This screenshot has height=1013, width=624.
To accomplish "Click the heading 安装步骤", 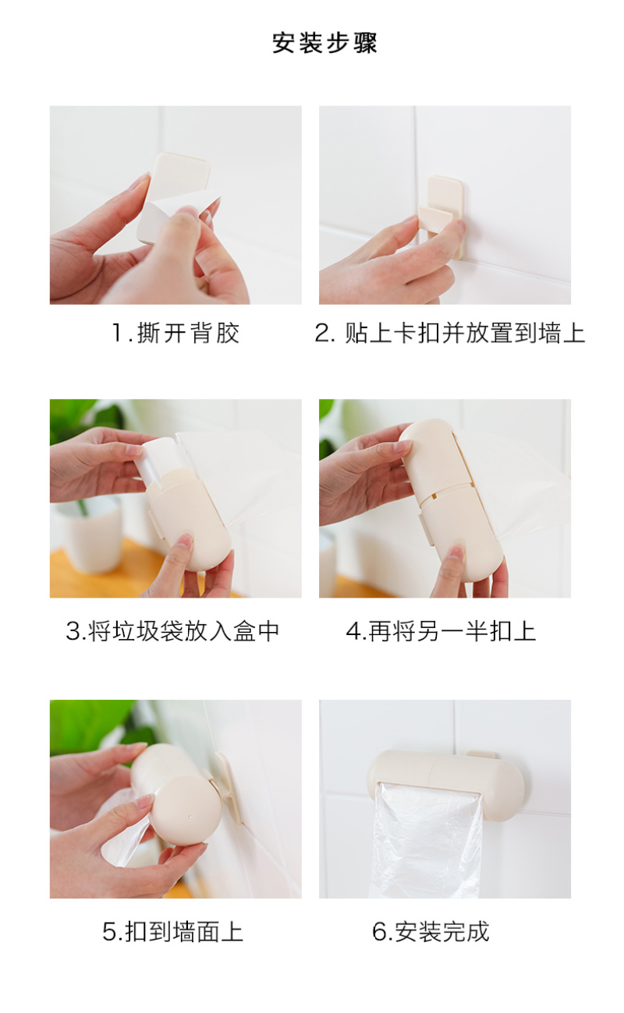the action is pyautogui.click(x=324, y=44).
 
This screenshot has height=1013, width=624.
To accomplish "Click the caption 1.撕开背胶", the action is pyautogui.click(x=175, y=334).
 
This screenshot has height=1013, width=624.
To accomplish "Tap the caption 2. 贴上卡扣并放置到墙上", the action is pyautogui.click(x=449, y=334).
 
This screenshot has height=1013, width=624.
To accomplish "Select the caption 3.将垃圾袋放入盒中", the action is pyautogui.click(x=172, y=631).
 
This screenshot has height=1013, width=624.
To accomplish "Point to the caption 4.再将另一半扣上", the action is pyautogui.click(x=441, y=631).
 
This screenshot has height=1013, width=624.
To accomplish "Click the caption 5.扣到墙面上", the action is pyautogui.click(x=172, y=932).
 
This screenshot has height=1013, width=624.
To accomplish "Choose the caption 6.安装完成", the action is pyautogui.click(x=431, y=932).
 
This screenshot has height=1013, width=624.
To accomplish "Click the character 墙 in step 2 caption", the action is pyautogui.click(x=549, y=334).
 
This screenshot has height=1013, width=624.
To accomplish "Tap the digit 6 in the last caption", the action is pyautogui.click(x=379, y=932).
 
